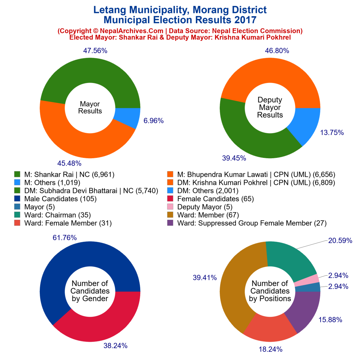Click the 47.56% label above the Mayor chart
tap(95, 51)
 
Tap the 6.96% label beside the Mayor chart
tap(153, 121)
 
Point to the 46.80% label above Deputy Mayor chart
tap(277, 51)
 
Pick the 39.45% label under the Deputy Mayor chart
tap(234, 158)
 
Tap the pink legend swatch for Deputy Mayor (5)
tap(170, 207)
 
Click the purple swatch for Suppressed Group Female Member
tap(170, 223)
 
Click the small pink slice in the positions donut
tap(306, 280)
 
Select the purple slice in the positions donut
tap(304, 311)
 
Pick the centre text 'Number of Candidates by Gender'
tap(90, 291)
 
